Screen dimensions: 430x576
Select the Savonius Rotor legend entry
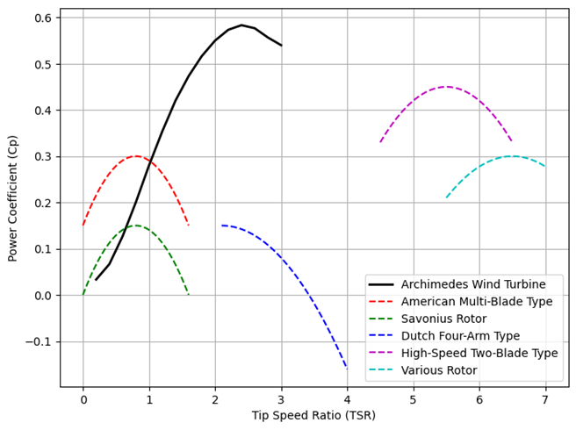pyautogui.click(x=444, y=319)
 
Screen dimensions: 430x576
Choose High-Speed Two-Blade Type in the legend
pyautogui.click(x=479, y=353)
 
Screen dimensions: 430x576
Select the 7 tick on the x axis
pyautogui.click(x=545, y=400)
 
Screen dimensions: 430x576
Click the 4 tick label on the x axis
pyautogui.click(x=348, y=400)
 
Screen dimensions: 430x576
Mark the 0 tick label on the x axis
pyautogui.click(x=83, y=400)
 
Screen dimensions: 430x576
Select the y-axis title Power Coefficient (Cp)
pyautogui.click(x=12, y=197)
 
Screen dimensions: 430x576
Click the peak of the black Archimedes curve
pyautogui.click(x=241, y=25)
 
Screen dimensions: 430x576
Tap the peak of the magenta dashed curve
pyautogui.click(x=446, y=87)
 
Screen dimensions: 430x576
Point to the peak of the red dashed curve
pyautogui.click(x=135, y=156)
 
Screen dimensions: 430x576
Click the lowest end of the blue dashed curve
pyautogui.click(x=347, y=369)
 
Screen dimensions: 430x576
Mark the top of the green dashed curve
pyautogui.click(x=135, y=226)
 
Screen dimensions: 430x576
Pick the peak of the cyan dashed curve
pyautogui.click(x=512, y=156)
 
